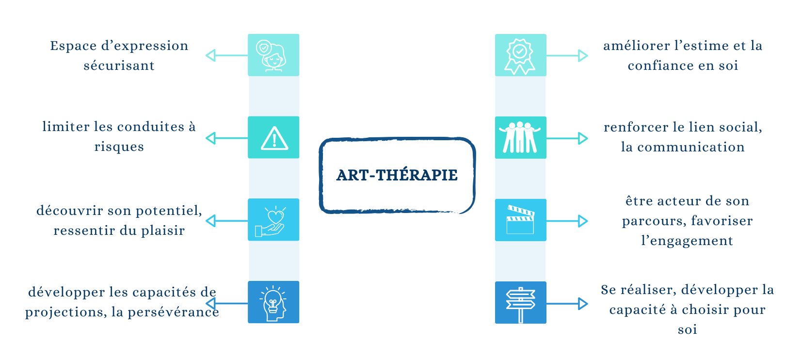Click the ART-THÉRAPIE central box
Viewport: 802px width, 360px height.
click(x=397, y=175)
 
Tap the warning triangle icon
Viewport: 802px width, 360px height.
click(x=274, y=138)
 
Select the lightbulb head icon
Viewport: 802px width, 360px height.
click(x=273, y=303)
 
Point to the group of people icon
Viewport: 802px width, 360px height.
click(x=520, y=138)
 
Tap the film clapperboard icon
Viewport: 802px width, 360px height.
click(x=520, y=220)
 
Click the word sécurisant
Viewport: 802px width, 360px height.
click(x=119, y=66)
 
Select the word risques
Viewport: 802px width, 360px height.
click(x=119, y=147)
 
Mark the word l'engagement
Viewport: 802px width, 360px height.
click(x=687, y=241)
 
